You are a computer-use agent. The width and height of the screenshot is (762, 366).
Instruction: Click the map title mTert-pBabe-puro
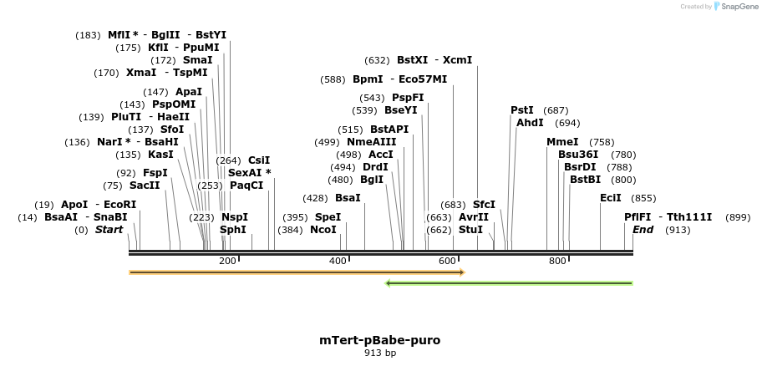coord(379,340)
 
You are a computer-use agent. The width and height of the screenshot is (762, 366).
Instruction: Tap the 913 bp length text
coord(379,353)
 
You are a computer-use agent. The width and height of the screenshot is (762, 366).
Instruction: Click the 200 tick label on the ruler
coord(227,262)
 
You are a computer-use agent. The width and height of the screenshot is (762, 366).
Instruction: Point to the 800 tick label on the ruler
coord(557,262)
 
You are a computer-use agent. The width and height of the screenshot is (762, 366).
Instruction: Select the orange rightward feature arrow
coord(297,272)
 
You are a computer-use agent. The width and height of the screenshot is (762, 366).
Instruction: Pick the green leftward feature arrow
coord(509,283)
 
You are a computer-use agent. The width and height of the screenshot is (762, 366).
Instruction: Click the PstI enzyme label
coord(522,110)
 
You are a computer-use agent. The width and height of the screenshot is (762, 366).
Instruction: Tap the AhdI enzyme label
coord(530,123)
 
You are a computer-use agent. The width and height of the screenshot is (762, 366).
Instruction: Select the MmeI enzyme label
coord(562,142)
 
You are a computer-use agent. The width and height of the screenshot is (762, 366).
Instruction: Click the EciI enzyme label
coord(611,198)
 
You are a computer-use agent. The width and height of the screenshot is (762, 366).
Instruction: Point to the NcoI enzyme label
coord(323,230)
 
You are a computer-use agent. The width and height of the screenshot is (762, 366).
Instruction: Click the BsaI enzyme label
coord(348,198)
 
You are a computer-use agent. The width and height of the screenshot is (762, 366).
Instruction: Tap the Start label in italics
coord(109,230)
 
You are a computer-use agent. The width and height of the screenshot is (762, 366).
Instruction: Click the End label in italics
coord(643,230)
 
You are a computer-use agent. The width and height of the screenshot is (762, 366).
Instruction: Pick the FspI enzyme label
coord(155,173)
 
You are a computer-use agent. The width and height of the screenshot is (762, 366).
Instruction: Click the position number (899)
coord(737,217)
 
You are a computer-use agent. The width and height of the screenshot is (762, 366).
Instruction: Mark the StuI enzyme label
coord(471,230)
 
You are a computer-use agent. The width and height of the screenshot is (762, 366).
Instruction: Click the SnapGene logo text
coord(736,7)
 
